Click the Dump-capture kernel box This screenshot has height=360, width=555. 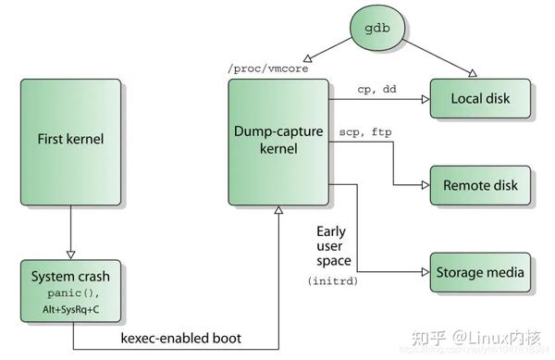pyautogui.click(x=278, y=142)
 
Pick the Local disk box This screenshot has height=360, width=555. pyautogui.click(x=482, y=98)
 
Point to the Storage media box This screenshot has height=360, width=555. pyautogui.click(x=482, y=272)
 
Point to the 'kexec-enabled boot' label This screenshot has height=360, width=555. pyautogui.click(x=181, y=338)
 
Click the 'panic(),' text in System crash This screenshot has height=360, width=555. pyautogui.click(x=69, y=292)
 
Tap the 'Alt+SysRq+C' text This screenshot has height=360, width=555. pyautogui.click(x=69, y=308)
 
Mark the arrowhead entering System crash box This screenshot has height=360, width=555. pyautogui.click(x=69, y=254)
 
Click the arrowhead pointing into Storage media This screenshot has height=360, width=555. pyautogui.click(x=425, y=272)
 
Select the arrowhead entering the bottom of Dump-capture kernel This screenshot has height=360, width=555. pyautogui.click(x=278, y=212)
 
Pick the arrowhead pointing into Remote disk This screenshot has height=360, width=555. pyautogui.click(x=425, y=185)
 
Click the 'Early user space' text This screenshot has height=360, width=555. pyautogui.click(x=331, y=245)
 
